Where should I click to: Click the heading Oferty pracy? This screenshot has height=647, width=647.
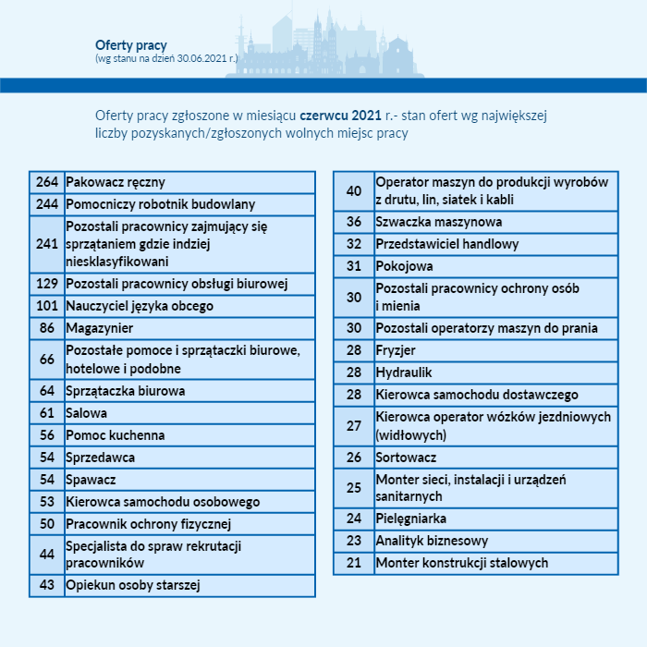click(x=130, y=45)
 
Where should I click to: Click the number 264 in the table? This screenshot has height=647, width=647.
click(x=47, y=182)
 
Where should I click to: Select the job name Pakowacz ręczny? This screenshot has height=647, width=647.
click(x=116, y=182)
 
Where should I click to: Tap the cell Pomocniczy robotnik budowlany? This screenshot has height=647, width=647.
click(x=161, y=204)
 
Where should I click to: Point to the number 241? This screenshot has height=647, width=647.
click(x=47, y=243)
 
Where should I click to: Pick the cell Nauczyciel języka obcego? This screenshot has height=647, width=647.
click(x=140, y=306)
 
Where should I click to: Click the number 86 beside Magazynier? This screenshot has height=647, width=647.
click(x=47, y=328)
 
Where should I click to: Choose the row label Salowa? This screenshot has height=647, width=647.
click(x=87, y=413)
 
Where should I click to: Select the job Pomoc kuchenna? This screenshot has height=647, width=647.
click(x=116, y=435)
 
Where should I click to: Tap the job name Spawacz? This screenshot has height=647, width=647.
click(x=91, y=480)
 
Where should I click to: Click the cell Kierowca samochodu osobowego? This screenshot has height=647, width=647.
click(x=163, y=502)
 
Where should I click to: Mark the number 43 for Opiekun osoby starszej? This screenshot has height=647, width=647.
click(x=47, y=585)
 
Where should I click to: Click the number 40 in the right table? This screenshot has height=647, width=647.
click(x=354, y=191)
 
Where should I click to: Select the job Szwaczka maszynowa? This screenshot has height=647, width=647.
click(x=439, y=222)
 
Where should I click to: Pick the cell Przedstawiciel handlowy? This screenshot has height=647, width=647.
click(x=447, y=244)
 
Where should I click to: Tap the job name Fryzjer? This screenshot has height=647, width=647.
click(x=396, y=350)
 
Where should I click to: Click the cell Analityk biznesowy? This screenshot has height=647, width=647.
click(x=432, y=541)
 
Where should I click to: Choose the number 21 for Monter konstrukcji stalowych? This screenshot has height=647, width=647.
click(x=354, y=563)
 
